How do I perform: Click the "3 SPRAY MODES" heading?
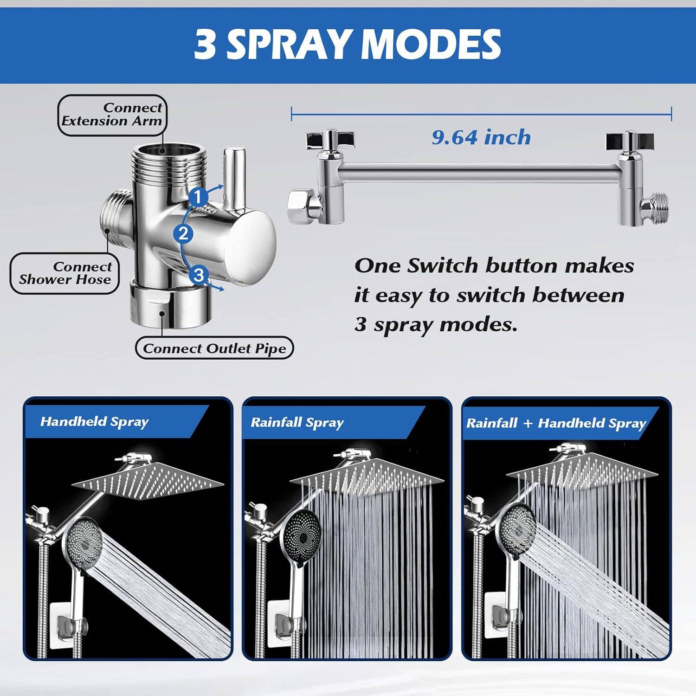point(348,44)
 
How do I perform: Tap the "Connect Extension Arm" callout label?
point(112,115)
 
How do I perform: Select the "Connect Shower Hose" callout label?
point(65,273)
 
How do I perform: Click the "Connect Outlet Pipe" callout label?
point(214,348)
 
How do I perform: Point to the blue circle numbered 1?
point(198,197)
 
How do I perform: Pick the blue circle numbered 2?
point(183,233)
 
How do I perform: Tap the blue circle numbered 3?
point(199,275)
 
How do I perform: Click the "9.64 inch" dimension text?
point(481,137)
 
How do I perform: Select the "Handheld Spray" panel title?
point(94,421)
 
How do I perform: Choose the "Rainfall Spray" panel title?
point(297,422)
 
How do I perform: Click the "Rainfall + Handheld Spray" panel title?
point(556,423)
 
